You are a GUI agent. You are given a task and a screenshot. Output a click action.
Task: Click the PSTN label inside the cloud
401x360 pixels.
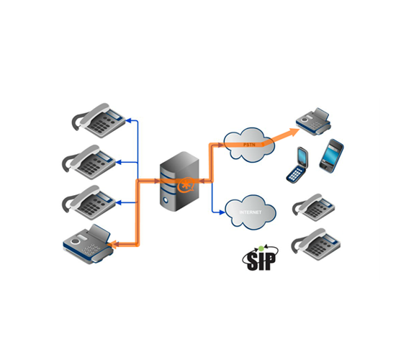[249, 145]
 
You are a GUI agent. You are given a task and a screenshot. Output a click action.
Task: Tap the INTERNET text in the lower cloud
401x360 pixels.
[251, 212]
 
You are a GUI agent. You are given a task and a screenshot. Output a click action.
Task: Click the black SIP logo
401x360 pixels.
[261, 258]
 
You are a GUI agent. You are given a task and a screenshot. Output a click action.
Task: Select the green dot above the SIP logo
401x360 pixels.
[261, 248]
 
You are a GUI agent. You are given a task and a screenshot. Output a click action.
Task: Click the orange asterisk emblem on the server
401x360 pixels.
[186, 184]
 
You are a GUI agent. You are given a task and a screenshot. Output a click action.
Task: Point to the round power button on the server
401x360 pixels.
[166, 200]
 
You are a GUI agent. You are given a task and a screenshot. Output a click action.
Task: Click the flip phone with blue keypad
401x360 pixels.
[297, 165]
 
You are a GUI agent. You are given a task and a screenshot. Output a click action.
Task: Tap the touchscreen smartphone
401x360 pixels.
[331, 156]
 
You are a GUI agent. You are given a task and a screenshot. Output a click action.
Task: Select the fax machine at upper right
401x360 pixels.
[314, 121]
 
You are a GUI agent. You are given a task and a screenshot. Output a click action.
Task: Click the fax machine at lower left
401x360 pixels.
[88, 244]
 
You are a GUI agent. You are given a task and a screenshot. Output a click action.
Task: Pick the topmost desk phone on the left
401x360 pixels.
[99, 120]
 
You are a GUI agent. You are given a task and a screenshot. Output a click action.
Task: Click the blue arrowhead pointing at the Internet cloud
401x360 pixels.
[222, 212]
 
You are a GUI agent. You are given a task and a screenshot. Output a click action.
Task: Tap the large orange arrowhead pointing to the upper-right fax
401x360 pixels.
[292, 132]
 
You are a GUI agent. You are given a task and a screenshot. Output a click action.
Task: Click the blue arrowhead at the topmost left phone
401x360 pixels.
[130, 120]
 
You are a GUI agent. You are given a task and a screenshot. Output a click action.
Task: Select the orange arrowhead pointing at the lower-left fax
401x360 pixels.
[113, 244]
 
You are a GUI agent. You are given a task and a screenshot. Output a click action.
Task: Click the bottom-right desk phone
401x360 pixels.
[316, 244]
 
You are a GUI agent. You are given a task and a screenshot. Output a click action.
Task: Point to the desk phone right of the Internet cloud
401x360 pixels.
[314, 207]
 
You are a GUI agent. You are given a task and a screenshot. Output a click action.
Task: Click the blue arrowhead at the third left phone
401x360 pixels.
[119, 203]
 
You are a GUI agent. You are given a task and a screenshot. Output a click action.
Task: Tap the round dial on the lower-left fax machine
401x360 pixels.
[75, 241]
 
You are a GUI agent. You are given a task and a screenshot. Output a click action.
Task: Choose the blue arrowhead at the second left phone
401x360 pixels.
[119, 162]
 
